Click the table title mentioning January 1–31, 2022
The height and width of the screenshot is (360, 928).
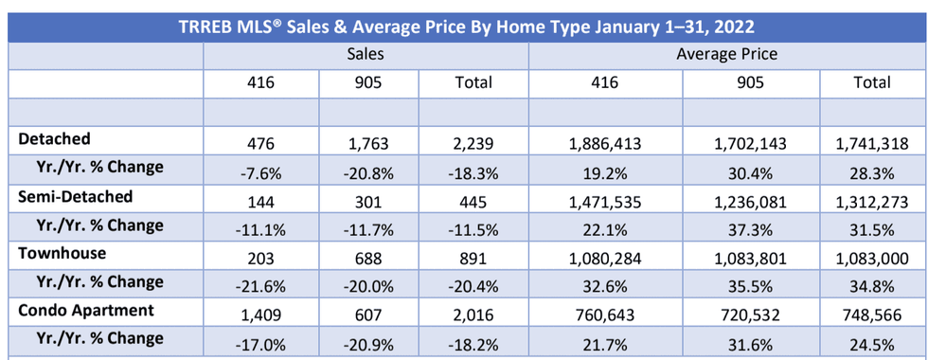[464, 26]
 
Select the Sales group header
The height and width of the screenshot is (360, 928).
[366, 55]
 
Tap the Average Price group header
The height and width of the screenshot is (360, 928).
[726, 55]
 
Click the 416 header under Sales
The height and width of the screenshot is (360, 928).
[261, 82]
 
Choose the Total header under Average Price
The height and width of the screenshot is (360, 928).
[871, 82]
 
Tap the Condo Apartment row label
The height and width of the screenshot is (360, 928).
[84, 310]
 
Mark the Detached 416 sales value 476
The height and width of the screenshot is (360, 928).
[261, 144]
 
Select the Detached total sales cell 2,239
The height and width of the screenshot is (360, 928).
[473, 144]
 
